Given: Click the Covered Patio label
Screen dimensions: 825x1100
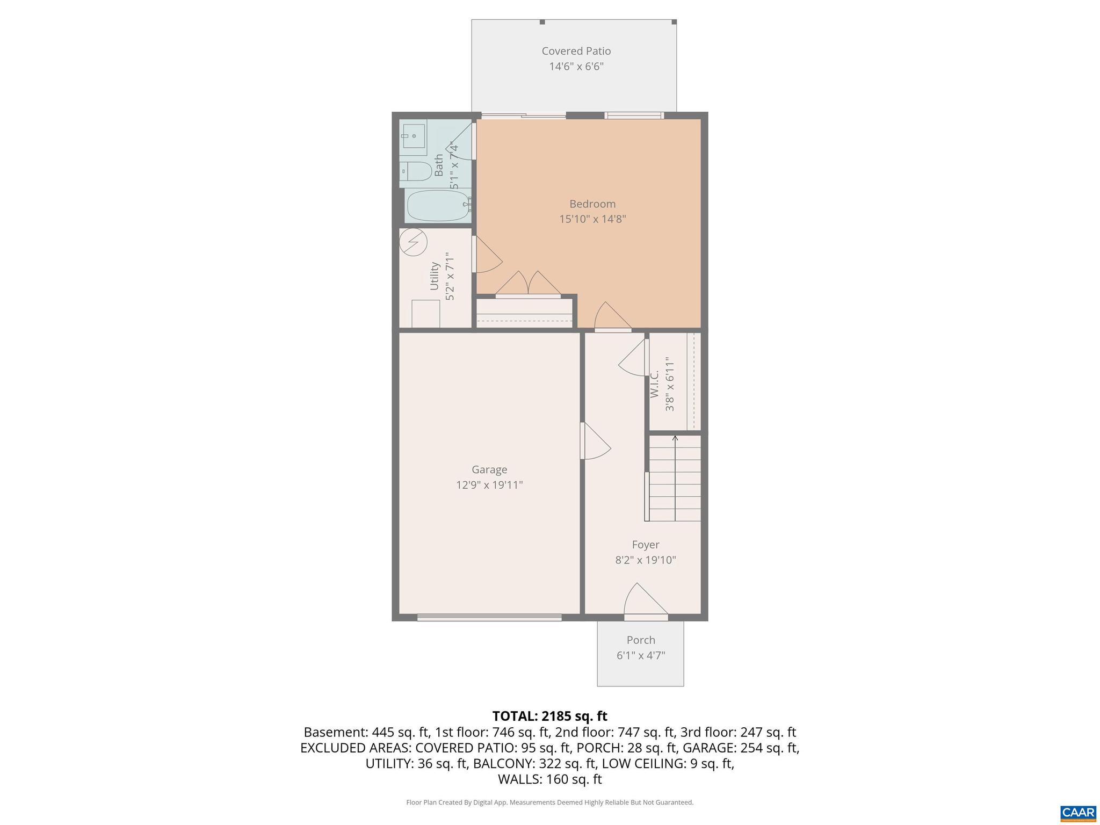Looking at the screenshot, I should tap(576, 51).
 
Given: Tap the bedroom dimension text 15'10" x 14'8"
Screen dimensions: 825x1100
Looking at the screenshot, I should tap(592, 219).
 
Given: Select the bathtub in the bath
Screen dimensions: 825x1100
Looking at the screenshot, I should tap(438, 206).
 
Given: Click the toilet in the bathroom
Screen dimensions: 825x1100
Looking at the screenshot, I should tap(416, 172).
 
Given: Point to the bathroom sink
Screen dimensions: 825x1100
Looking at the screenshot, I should tap(412, 136).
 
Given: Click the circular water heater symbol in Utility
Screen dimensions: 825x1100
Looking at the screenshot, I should tap(413, 242).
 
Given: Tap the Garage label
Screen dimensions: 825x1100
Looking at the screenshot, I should tap(489, 469).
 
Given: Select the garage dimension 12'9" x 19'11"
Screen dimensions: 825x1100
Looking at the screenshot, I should tap(489, 485).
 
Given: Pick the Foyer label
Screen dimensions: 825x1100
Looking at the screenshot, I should tap(645, 545).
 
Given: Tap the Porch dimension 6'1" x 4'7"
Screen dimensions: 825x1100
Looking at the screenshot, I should tap(641, 655).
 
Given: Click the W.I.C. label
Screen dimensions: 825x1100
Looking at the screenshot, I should tap(655, 384).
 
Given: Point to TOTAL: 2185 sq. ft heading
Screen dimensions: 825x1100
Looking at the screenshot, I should tap(549, 716).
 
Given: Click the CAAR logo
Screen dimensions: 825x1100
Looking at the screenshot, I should tap(1078, 812).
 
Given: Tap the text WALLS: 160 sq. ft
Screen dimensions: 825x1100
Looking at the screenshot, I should tap(549, 779).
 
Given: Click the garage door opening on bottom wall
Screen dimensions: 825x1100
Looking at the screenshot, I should tap(489, 618).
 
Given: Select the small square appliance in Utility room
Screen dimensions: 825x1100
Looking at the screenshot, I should tap(425, 314).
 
